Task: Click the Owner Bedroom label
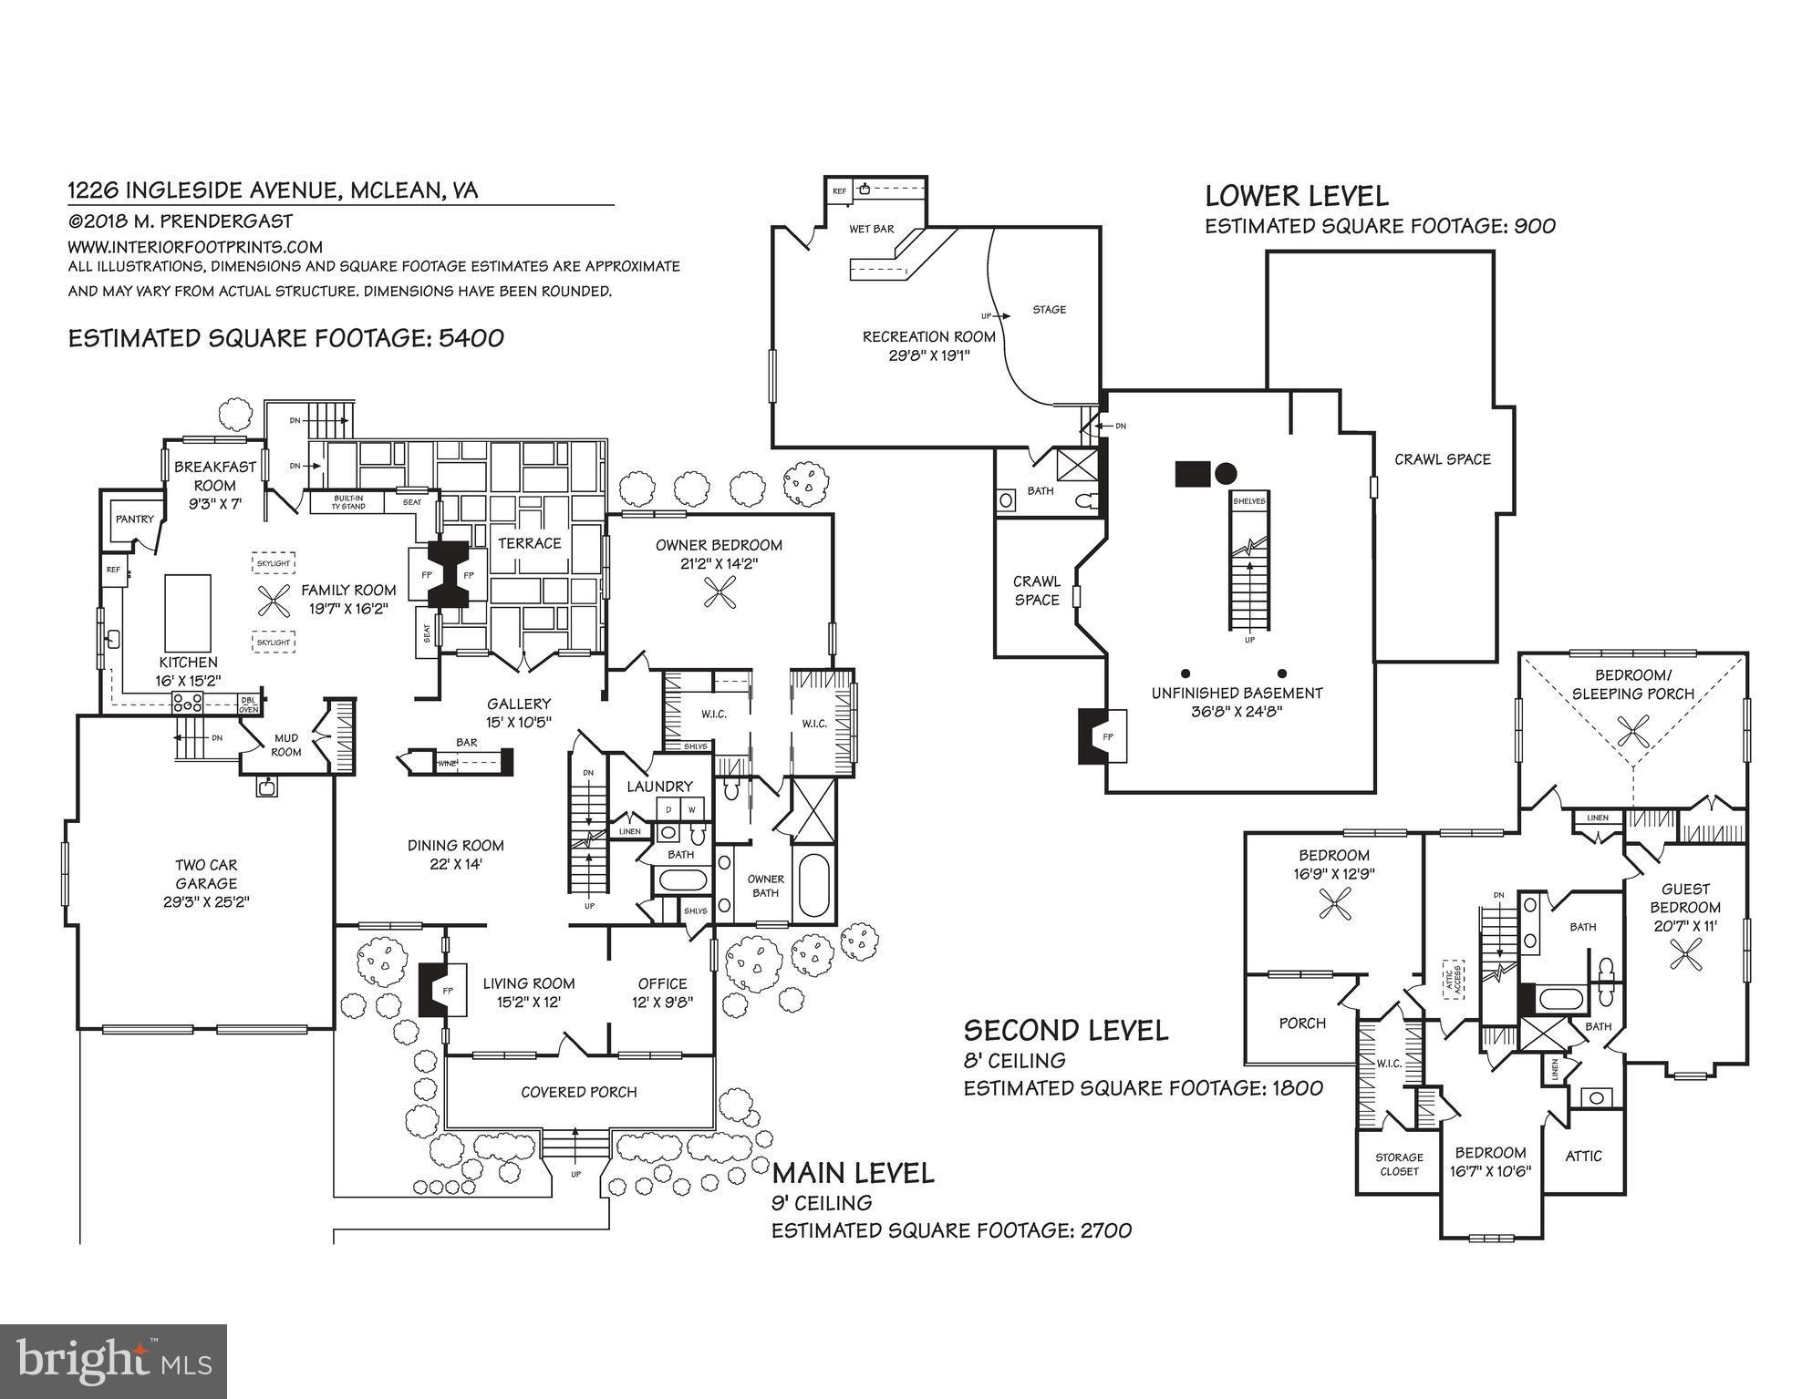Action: [x=719, y=545]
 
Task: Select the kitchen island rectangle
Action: [x=188, y=612]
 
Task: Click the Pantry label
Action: [x=134, y=519]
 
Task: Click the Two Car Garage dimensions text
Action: [x=206, y=902]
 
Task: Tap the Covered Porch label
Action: [x=578, y=1092]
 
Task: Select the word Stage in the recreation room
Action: [x=1049, y=310]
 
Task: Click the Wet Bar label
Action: [x=871, y=229]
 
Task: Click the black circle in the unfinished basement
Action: [x=1226, y=473]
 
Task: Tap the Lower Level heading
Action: [x=1296, y=196]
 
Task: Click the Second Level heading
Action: [x=1065, y=1031]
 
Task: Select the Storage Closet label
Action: [x=1399, y=1164]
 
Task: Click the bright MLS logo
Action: [x=113, y=1361]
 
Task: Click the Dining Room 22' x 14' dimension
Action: [x=455, y=864]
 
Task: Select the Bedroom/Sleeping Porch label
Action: [x=1632, y=684]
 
